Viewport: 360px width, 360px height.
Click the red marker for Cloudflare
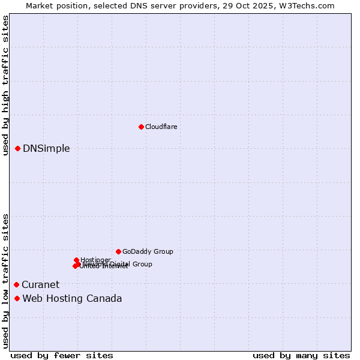[x=141, y=127]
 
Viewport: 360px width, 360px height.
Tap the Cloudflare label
[x=161, y=127]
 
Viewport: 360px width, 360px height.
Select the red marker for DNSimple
[x=18, y=148]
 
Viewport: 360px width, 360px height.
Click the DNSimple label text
[x=46, y=149]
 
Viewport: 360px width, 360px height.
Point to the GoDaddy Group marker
[x=118, y=251]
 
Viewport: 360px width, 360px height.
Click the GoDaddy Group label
[x=148, y=252]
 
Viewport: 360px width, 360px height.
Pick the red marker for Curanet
[x=16, y=284]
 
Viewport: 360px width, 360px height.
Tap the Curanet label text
[x=41, y=285]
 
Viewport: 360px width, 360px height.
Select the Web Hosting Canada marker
[x=17, y=298]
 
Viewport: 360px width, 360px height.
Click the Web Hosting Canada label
[x=72, y=299]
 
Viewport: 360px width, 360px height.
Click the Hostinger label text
[x=96, y=260]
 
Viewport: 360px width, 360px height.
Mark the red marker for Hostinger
[x=76, y=260]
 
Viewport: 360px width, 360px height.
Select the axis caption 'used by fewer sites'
[x=62, y=355]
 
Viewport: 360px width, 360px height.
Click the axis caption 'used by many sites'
[x=301, y=355]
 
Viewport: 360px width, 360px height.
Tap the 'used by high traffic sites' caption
[x=5, y=85]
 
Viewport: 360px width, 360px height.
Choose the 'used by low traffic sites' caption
[x=5, y=280]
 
